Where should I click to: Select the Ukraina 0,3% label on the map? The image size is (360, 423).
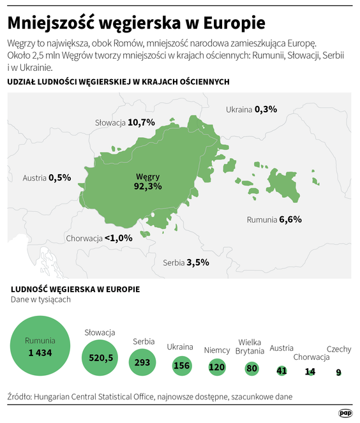click(251, 109)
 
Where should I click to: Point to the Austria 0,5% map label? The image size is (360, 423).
click(47, 177)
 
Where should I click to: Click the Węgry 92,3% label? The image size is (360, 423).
click(147, 181)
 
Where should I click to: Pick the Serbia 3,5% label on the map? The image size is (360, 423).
click(186, 262)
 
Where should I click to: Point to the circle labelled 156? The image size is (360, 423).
click(181, 366)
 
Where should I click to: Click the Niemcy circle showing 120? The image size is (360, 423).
click(217, 367)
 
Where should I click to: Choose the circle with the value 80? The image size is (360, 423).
click(251, 368)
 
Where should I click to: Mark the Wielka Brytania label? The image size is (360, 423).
click(250, 347)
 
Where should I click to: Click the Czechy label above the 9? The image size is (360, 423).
click(338, 349)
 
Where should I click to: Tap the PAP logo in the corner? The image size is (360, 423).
click(345, 412)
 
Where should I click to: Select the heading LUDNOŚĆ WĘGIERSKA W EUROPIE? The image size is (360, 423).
click(75, 289)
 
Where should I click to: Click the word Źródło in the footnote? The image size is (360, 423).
click(22, 396)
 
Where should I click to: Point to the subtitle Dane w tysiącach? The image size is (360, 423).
click(41, 299)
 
